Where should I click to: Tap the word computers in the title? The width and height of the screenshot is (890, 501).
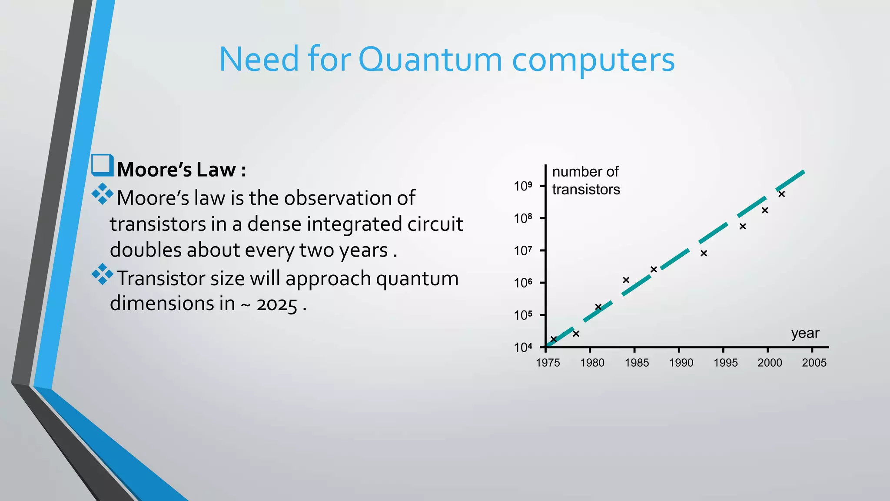[593, 60]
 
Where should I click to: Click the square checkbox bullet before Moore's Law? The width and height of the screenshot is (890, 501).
[102, 165]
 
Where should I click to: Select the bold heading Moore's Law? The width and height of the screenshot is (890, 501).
[182, 170]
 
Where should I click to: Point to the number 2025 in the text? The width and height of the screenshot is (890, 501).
[277, 304]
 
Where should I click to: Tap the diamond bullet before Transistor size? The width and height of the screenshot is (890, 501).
[103, 274]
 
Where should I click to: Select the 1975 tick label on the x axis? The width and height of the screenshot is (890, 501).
[548, 363]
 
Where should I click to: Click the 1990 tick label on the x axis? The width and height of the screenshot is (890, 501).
[681, 363]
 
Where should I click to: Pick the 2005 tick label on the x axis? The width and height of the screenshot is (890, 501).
[814, 363]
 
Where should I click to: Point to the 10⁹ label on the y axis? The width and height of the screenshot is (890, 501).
[523, 186]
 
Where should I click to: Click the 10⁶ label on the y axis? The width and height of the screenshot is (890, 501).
[523, 283]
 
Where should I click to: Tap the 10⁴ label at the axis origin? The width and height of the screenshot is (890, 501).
[523, 347]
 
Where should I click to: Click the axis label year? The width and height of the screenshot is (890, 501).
[805, 334]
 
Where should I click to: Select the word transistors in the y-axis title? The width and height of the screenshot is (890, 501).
[586, 190]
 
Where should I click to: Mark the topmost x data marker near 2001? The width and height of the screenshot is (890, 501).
[782, 194]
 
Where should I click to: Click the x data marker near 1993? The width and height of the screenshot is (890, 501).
[704, 253]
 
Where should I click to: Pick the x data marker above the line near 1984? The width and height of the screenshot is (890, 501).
[626, 280]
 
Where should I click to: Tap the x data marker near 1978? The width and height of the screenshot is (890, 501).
[576, 334]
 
